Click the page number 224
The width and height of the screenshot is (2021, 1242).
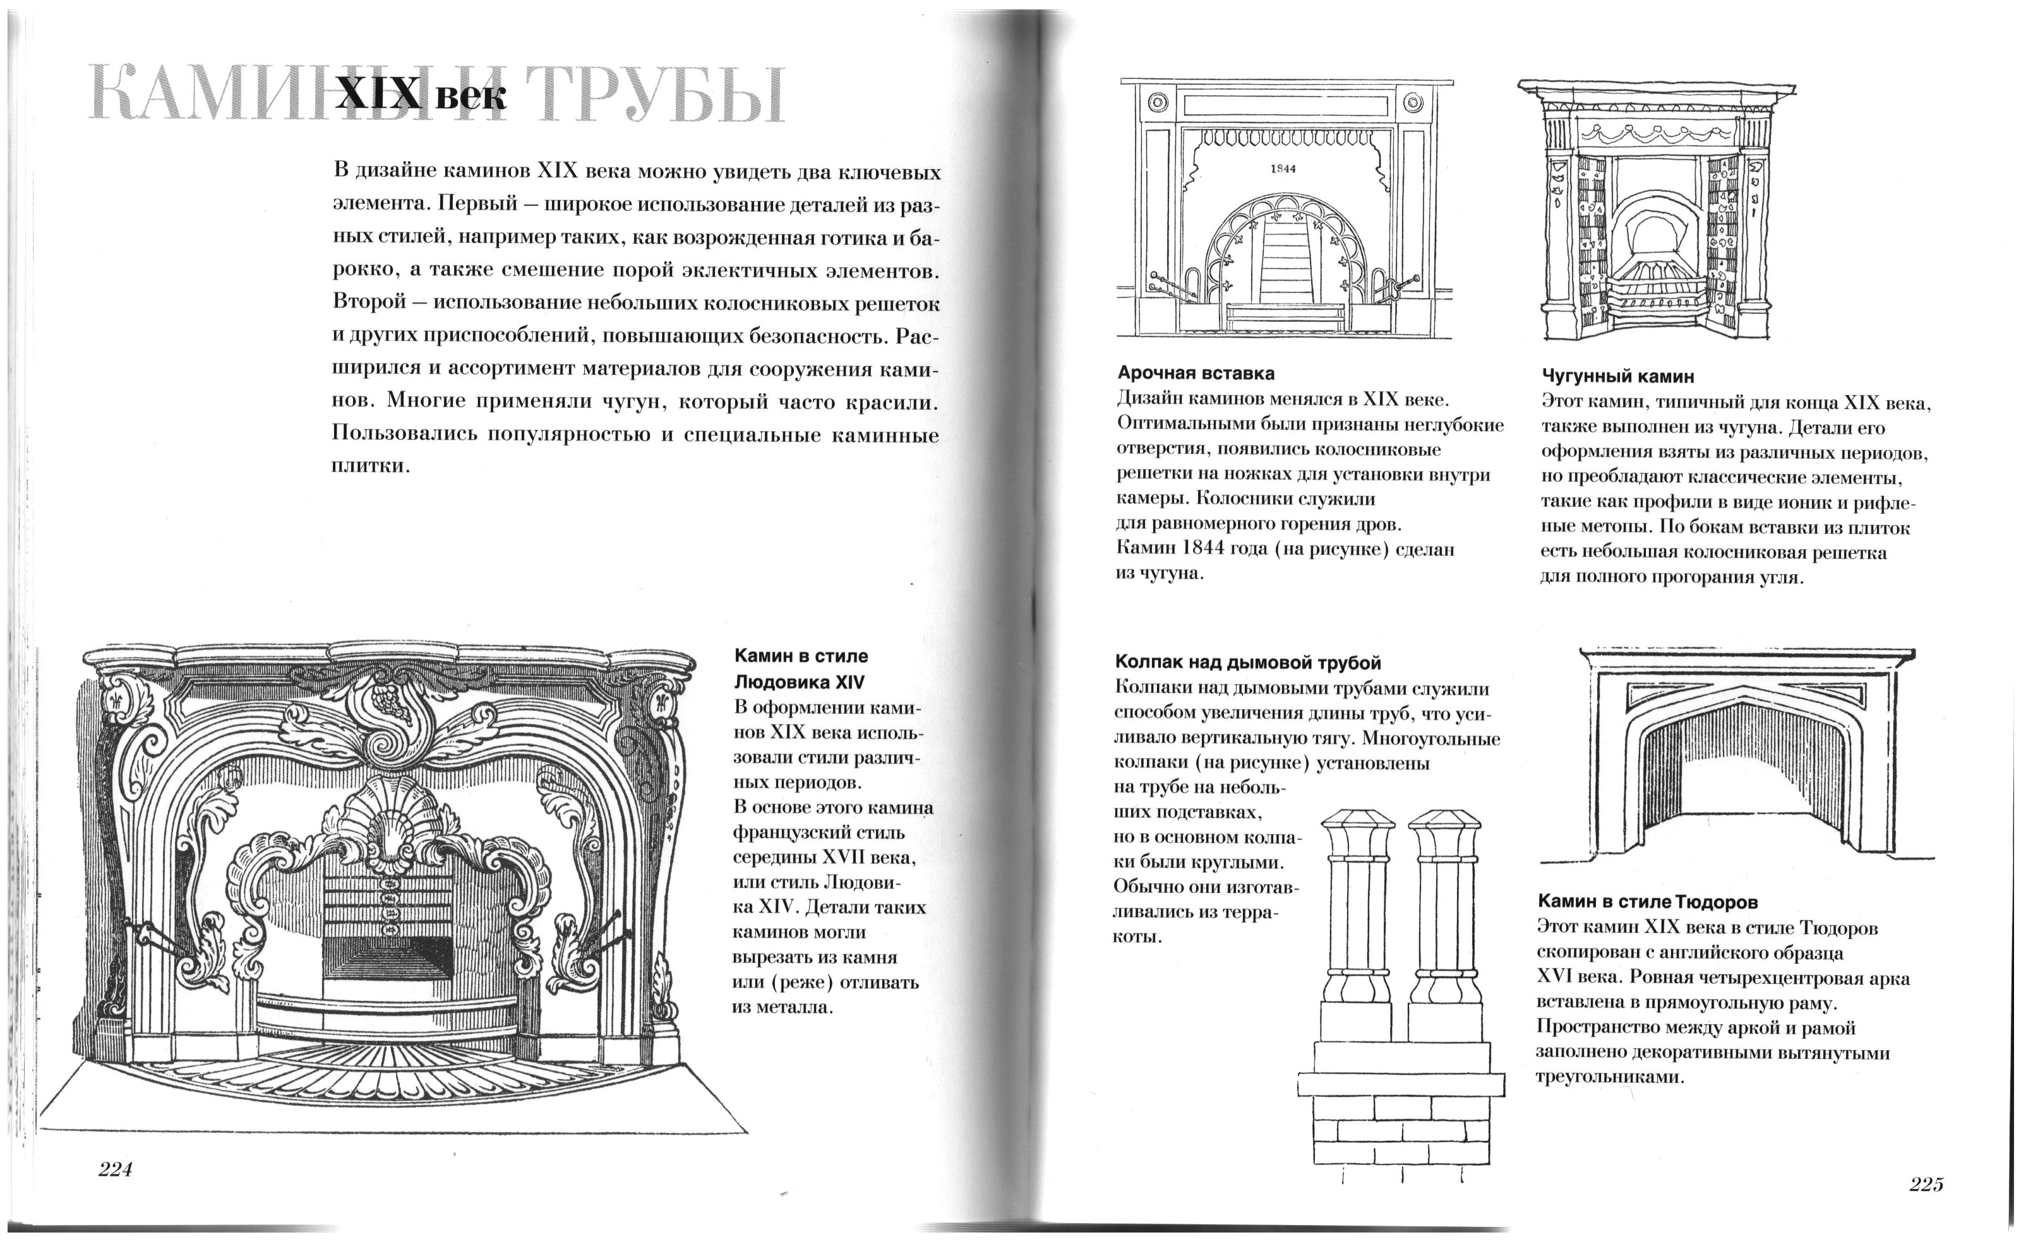(115, 1169)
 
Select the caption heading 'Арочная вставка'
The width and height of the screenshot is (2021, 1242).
(1196, 374)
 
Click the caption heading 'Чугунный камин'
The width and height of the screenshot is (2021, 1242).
(1617, 377)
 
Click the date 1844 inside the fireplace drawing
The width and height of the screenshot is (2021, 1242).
(1283, 169)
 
